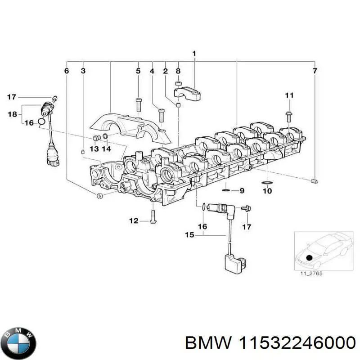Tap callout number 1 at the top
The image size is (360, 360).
click(194, 54)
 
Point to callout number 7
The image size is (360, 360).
click(315, 71)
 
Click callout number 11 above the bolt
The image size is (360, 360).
click(289, 95)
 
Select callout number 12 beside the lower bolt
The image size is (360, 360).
click(134, 220)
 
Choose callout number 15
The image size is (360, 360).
click(189, 234)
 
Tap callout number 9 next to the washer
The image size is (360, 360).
click(242, 191)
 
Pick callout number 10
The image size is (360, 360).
click(267, 191)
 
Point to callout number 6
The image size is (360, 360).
click(67, 71)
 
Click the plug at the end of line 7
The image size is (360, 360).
click(315, 181)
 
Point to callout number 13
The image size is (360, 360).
click(94, 149)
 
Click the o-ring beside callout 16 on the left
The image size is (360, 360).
click(41, 121)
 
